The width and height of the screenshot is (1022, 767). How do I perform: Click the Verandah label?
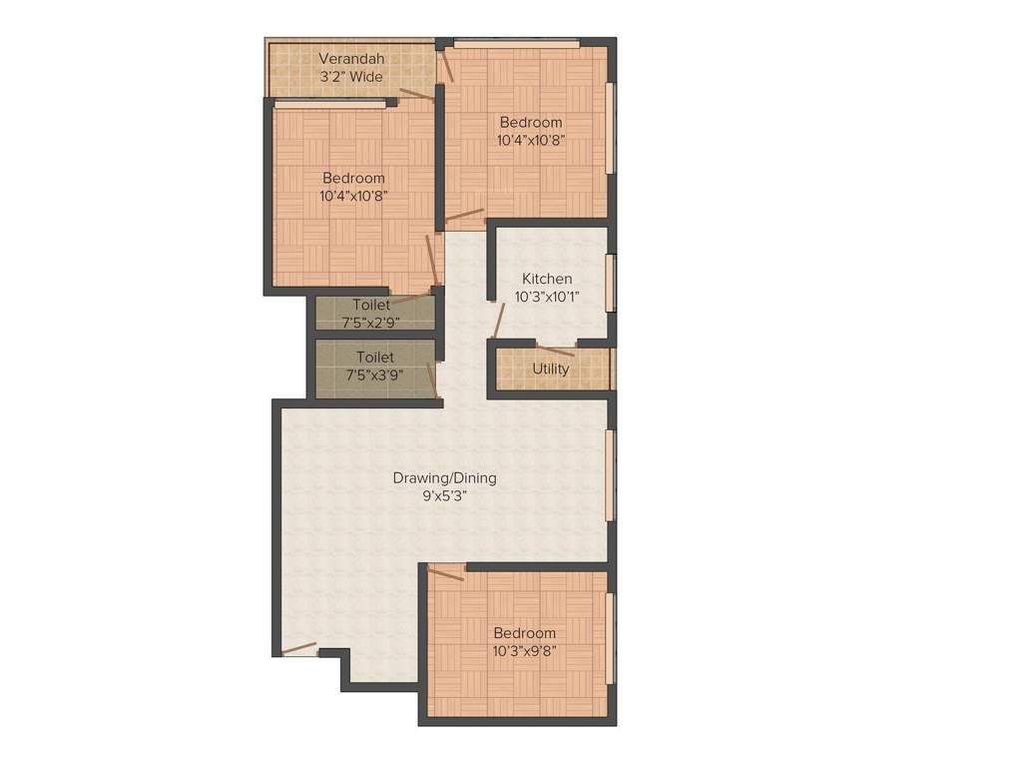pyautogui.click(x=350, y=59)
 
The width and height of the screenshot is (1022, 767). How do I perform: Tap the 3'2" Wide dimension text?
pyautogui.click(x=350, y=77)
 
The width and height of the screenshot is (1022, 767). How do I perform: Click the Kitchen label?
pyautogui.click(x=547, y=279)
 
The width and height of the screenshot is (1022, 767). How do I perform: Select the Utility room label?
pyautogui.click(x=551, y=369)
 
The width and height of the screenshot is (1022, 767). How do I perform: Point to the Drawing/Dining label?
pyautogui.click(x=444, y=477)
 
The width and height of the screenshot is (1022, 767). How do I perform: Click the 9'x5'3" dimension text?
pyautogui.click(x=444, y=495)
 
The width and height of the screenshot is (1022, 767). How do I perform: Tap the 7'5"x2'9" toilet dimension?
pyautogui.click(x=371, y=322)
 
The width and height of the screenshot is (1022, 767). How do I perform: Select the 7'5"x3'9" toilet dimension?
pyautogui.click(x=371, y=375)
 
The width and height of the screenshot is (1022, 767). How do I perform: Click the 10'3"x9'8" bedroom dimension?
pyautogui.click(x=524, y=651)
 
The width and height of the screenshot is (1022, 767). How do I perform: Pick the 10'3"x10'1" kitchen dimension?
pyautogui.click(x=547, y=297)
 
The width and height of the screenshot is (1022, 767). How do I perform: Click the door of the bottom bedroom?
pyautogui.click(x=446, y=572)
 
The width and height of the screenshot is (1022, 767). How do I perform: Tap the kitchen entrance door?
pyautogui.click(x=499, y=320)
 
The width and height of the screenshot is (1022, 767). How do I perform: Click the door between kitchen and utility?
pyautogui.click(x=556, y=350)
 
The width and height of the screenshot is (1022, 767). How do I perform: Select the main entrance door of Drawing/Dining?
pyautogui.click(x=298, y=648)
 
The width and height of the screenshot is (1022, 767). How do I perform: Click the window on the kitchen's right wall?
pyautogui.click(x=610, y=283)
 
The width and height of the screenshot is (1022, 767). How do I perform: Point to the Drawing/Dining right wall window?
pyautogui.click(x=610, y=474)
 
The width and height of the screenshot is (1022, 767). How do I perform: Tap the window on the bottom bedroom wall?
pyautogui.click(x=610, y=639)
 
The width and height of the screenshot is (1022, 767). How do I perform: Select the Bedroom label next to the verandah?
pyautogui.click(x=531, y=122)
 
